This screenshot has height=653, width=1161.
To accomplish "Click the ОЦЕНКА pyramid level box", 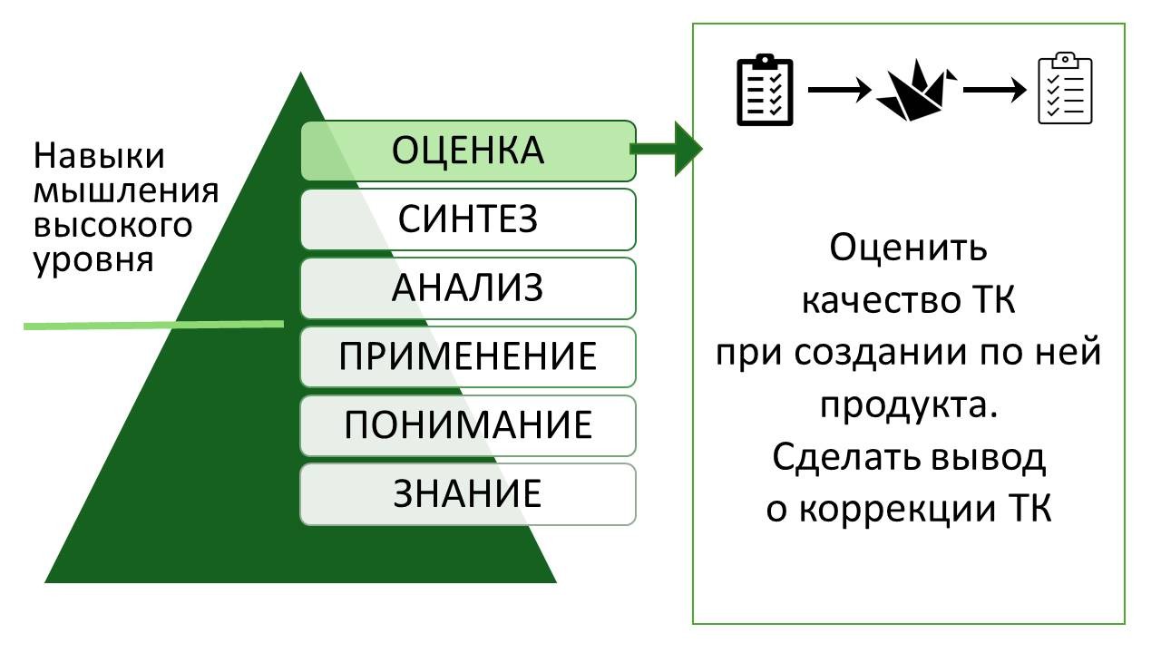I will coord(468,151).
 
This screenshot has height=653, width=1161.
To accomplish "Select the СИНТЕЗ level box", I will coord(468,219).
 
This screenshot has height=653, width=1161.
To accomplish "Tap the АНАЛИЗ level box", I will coord(468,288).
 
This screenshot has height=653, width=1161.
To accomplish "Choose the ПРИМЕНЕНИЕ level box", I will coord(468,356).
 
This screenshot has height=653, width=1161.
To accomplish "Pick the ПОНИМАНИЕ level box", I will coord(468,425).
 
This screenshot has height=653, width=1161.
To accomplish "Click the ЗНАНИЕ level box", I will coord(468,494).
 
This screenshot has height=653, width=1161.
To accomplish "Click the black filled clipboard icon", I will coord(764,91).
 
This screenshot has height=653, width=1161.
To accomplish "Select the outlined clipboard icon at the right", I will coord(1065,90).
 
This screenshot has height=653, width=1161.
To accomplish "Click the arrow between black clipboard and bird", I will coord(839,91).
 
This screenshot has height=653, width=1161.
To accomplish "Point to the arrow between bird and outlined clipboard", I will coord(994,91).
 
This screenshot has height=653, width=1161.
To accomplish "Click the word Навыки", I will coord(100,156).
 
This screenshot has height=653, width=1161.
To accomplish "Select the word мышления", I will coord(126,190).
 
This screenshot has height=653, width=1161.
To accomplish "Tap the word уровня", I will coord(93,259).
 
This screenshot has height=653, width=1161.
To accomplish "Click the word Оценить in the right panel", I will coord(908,247).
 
